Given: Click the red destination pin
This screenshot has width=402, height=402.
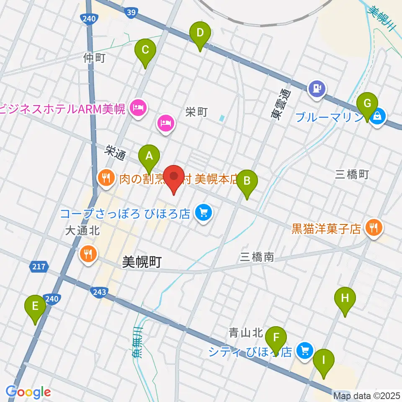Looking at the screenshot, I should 173,178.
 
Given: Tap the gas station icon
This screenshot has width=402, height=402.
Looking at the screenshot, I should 317,88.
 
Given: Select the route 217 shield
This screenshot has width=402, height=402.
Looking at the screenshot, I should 40,266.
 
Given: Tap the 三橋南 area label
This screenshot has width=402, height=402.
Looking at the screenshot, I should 257,257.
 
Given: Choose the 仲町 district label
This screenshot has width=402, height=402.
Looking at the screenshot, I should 94,58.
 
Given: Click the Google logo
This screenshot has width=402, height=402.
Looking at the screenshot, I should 28,392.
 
